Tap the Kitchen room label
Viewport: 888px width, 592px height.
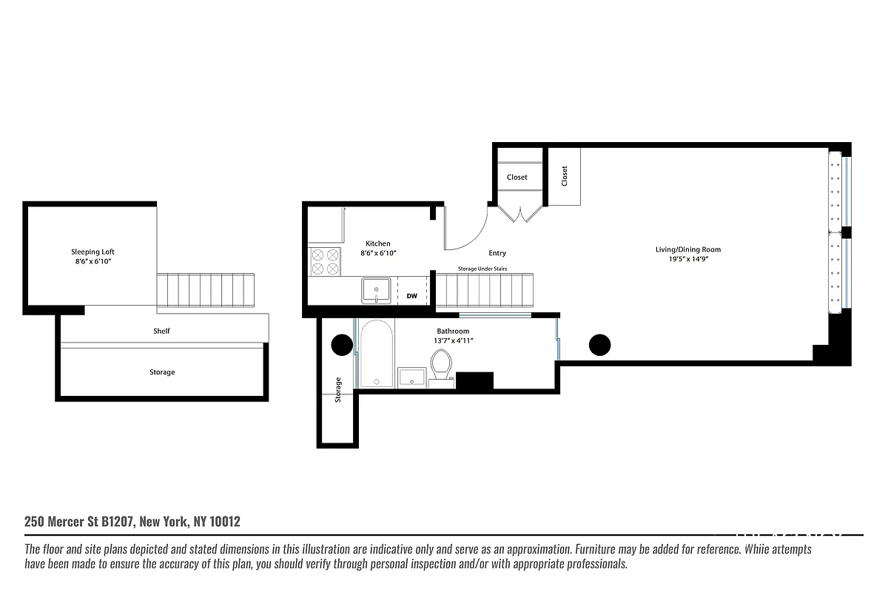(x=378, y=243)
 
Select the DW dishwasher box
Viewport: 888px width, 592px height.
(x=412, y=296)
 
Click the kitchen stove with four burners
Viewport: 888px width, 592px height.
(x=324, y=261)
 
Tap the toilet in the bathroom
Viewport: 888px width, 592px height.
(x=441, y=365)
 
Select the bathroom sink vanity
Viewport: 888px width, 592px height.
(x=412, y=377)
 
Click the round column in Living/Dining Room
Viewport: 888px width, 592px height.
(x=599, y=345)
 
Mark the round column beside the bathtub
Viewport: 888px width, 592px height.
(x=342, y=345)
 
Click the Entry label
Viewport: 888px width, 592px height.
(x=497, y=253)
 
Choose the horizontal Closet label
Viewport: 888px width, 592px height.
(x=517, y=177)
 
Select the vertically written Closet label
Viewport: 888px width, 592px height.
(x=565, y=176)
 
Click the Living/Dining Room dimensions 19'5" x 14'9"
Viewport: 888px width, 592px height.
(x=688, y=260)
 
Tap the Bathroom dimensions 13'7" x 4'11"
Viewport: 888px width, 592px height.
(x=453, y=340)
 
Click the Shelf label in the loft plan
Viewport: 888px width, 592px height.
(x=161, y=331)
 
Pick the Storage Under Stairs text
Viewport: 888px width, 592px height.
(x=482, y=269)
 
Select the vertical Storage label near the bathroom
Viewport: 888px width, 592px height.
(x=338, y=389)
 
